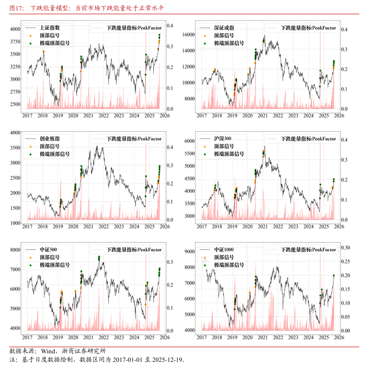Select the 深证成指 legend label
pos(224,28)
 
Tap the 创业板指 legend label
pos(50,139)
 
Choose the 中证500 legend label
pos(49,250)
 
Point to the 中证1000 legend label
pos(224,250)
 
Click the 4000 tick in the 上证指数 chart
pos(15,29)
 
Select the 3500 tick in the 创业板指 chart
pos(15,148)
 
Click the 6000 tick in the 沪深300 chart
pos(189,141)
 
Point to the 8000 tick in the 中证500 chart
pos(15,250)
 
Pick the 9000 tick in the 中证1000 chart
pos(189,251)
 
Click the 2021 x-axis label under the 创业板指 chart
pos(89,226)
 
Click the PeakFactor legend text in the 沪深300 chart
pos(323,139)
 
